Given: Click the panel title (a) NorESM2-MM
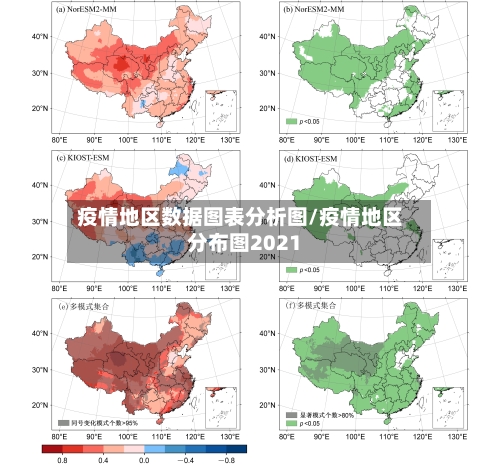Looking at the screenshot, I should point(93,10).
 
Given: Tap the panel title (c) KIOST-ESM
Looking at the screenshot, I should point(88,158).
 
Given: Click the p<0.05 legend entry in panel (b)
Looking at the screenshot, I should point(303,121).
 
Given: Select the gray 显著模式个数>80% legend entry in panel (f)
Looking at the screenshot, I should point(319,413).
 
